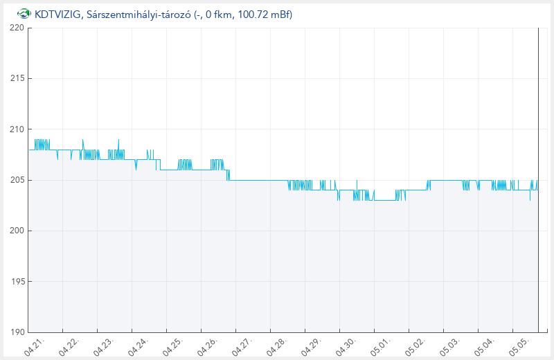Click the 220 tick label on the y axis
[x=17, y=28]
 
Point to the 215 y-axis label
[x=17, y=78]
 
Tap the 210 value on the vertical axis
[x=17, y=129]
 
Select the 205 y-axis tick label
[x=17, y=180]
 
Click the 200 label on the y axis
[x=17, y=231]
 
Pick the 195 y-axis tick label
[x=17, y=282]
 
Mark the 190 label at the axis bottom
[x=17, y=332]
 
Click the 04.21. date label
[x=35, y=347]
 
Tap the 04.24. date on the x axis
[x=138, y=347]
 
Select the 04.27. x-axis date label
[x=242, y=347]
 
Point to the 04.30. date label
[x=346, y=347]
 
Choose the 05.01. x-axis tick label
[x=381, y=347]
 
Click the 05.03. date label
[x=450, y=347]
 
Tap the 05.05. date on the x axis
[x=519, y=347]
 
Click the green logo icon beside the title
[x=24, y=14]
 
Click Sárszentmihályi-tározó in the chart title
[x=138, y=15]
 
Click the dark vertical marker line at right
[x=538, y=180]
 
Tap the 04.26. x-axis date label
[x=208, y=347]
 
